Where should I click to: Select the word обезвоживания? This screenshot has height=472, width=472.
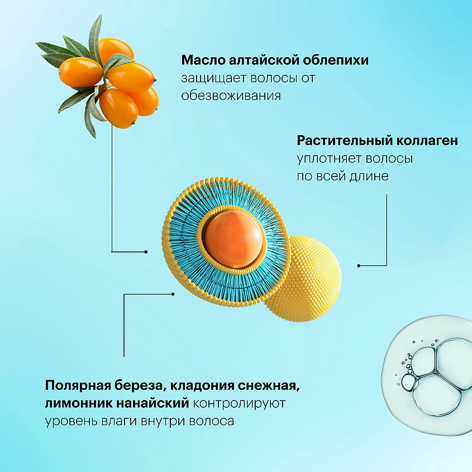point(231,96)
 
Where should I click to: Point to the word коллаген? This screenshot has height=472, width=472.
point(427,141)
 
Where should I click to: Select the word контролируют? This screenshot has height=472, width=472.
point(239,404)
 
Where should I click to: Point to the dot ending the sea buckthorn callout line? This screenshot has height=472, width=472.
point(146,252)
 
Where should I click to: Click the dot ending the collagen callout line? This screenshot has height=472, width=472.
point(359,265)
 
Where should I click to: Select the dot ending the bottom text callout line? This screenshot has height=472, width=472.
point(173,294)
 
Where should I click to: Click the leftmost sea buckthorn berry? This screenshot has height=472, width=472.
point(80,72)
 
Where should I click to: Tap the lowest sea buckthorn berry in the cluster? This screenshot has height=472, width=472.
point(119,108)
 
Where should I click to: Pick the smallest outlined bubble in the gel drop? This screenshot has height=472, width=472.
point(408,383)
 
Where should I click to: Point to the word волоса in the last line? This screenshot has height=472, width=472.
point(212,421)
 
